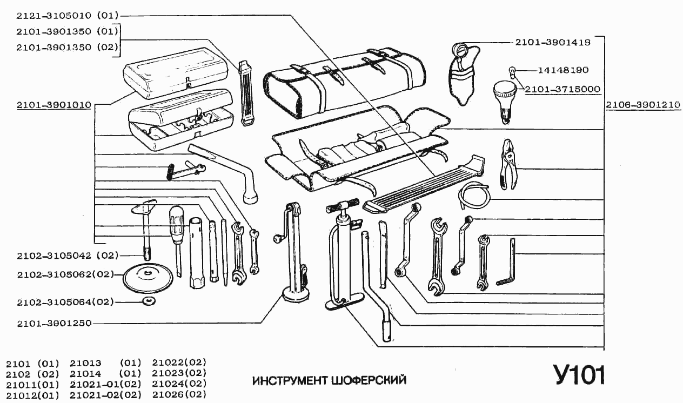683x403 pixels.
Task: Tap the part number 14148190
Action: [x=563, y=70]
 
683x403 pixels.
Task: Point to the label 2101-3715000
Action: [x=562, y=89]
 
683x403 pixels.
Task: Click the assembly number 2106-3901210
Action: [x=642, y=105]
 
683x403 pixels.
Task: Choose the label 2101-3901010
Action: [x=53, y=105]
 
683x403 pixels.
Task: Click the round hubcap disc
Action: [x=148, y=278]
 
